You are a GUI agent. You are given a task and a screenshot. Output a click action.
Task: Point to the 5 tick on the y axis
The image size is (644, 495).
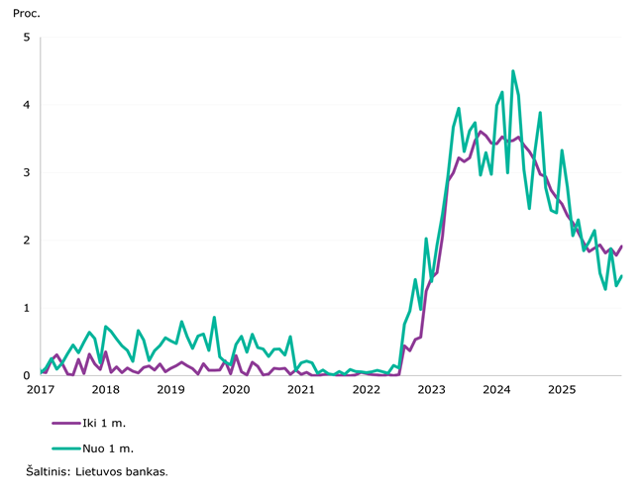point(27,38)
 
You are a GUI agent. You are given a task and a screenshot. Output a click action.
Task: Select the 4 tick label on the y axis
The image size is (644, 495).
point(27,105)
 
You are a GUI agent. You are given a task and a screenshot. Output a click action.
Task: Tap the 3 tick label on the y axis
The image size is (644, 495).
point(27,172)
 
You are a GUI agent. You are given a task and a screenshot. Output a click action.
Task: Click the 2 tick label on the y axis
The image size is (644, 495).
point(27,241)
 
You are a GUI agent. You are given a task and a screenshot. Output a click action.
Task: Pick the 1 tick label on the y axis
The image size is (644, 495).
point(27,308)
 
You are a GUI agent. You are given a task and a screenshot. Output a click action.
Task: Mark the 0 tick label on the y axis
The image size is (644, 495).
point(27,376)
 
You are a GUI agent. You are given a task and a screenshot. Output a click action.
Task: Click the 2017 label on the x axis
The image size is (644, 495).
point(41,390)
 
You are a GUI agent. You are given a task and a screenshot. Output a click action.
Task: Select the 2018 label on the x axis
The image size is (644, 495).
point(105,390)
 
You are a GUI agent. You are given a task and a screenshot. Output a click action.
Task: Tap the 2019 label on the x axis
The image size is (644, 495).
point(170,390)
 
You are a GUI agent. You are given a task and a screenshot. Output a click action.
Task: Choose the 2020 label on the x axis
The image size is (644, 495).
point(236,390)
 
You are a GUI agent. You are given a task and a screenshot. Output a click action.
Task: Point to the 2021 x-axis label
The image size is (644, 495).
point(301,390)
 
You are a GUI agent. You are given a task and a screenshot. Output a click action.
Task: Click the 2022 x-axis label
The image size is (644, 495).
point(367,390)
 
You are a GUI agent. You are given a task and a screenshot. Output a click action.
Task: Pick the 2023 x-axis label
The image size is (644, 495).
point(431,390)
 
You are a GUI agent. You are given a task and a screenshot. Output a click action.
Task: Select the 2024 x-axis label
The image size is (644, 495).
point(496,390)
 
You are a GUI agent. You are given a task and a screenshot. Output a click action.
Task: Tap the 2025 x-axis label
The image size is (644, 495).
point(562,390)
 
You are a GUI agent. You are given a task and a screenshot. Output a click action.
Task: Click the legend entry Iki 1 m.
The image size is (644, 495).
point(104,423)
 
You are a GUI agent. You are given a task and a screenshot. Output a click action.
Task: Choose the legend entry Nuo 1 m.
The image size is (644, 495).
point(106,447)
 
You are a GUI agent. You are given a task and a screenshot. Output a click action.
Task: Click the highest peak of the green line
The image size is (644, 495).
point(513,71)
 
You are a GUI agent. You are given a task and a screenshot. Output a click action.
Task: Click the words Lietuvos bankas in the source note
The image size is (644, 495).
point(125,472)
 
